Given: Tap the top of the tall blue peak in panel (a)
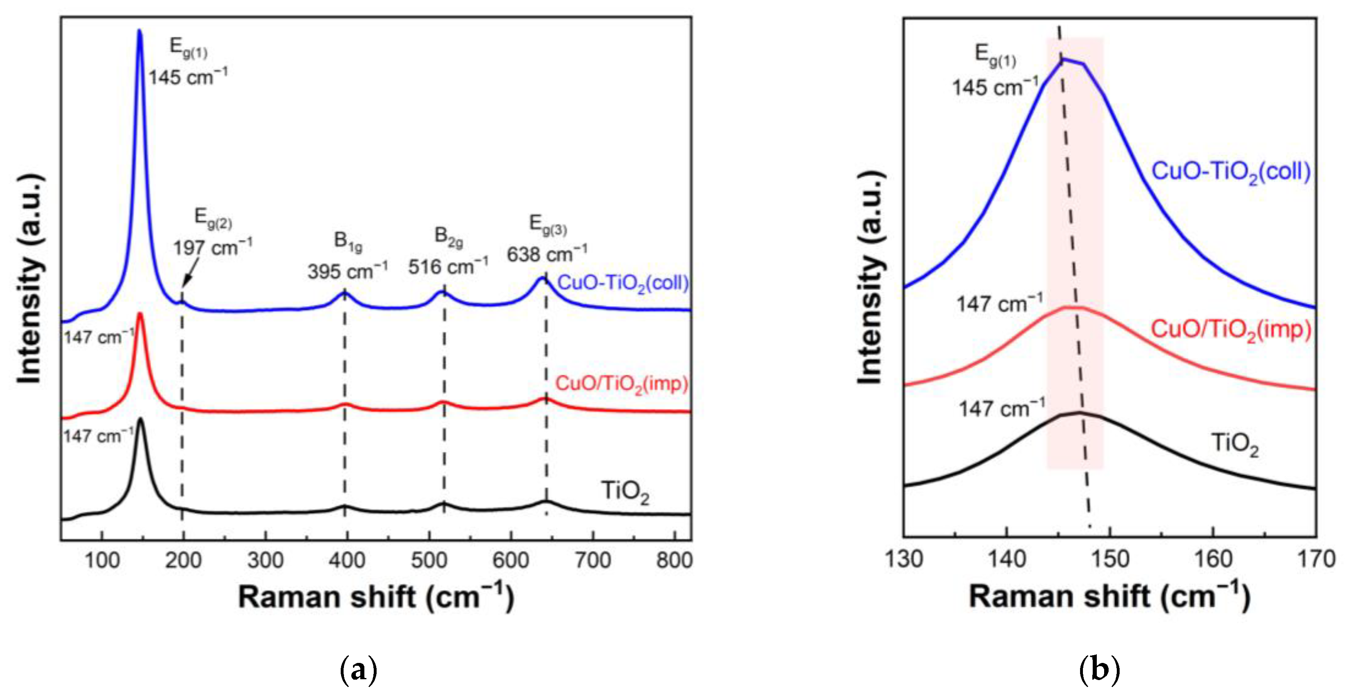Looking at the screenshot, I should (140, 31).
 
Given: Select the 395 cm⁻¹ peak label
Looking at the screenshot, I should (347, 271).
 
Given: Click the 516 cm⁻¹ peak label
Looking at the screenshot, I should (448, 266).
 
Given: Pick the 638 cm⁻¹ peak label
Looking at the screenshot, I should (546, 254).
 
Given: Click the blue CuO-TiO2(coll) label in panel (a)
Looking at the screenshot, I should (623, 283).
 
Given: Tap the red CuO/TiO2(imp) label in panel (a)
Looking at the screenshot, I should (621, 384).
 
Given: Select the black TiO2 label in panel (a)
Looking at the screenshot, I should (625, 492).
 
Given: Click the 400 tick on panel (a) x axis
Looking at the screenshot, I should (347, 561).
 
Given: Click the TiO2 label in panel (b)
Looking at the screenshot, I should (1235, 444).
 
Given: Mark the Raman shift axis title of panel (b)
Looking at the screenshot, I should (1109, 597).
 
